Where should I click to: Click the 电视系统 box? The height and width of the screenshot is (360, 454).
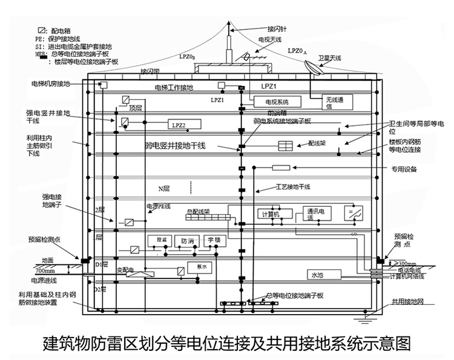pos(275,101)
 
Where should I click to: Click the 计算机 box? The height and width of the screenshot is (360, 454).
pos(268,214)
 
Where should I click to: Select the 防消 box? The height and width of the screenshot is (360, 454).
pos(186,241)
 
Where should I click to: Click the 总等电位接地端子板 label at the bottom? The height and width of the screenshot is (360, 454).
pos(295,295)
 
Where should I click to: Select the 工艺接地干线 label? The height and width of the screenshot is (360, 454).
pos(294,186)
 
